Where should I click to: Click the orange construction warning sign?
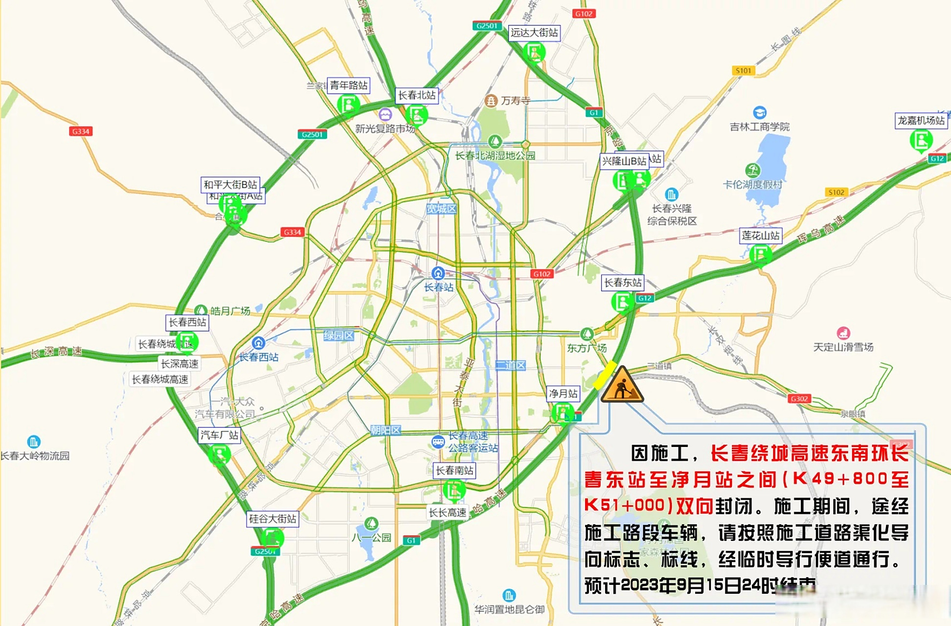click(622, 385)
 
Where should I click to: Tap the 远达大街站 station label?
click(534, 33)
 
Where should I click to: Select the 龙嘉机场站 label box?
click(921, 120)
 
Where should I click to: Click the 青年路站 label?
click(348, 85)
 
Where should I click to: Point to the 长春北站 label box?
click(416, 95)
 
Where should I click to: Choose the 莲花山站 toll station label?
click(760, 236)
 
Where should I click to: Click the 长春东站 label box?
click(622, 283)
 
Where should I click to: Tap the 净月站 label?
click(563, 394)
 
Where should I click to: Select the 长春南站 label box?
click(454, 470)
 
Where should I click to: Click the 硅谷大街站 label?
click(272, 519)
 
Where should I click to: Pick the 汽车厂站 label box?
click(219, 435)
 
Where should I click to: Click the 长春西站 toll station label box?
click(187, 322)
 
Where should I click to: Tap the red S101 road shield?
click(743, 71)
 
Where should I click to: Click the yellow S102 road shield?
click(836, 192)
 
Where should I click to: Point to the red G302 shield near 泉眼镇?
click(799, 399)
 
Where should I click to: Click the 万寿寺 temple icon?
click(491, 101)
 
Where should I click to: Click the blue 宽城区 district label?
click(441, 209)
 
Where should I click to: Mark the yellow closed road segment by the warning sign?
click(605, 375)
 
